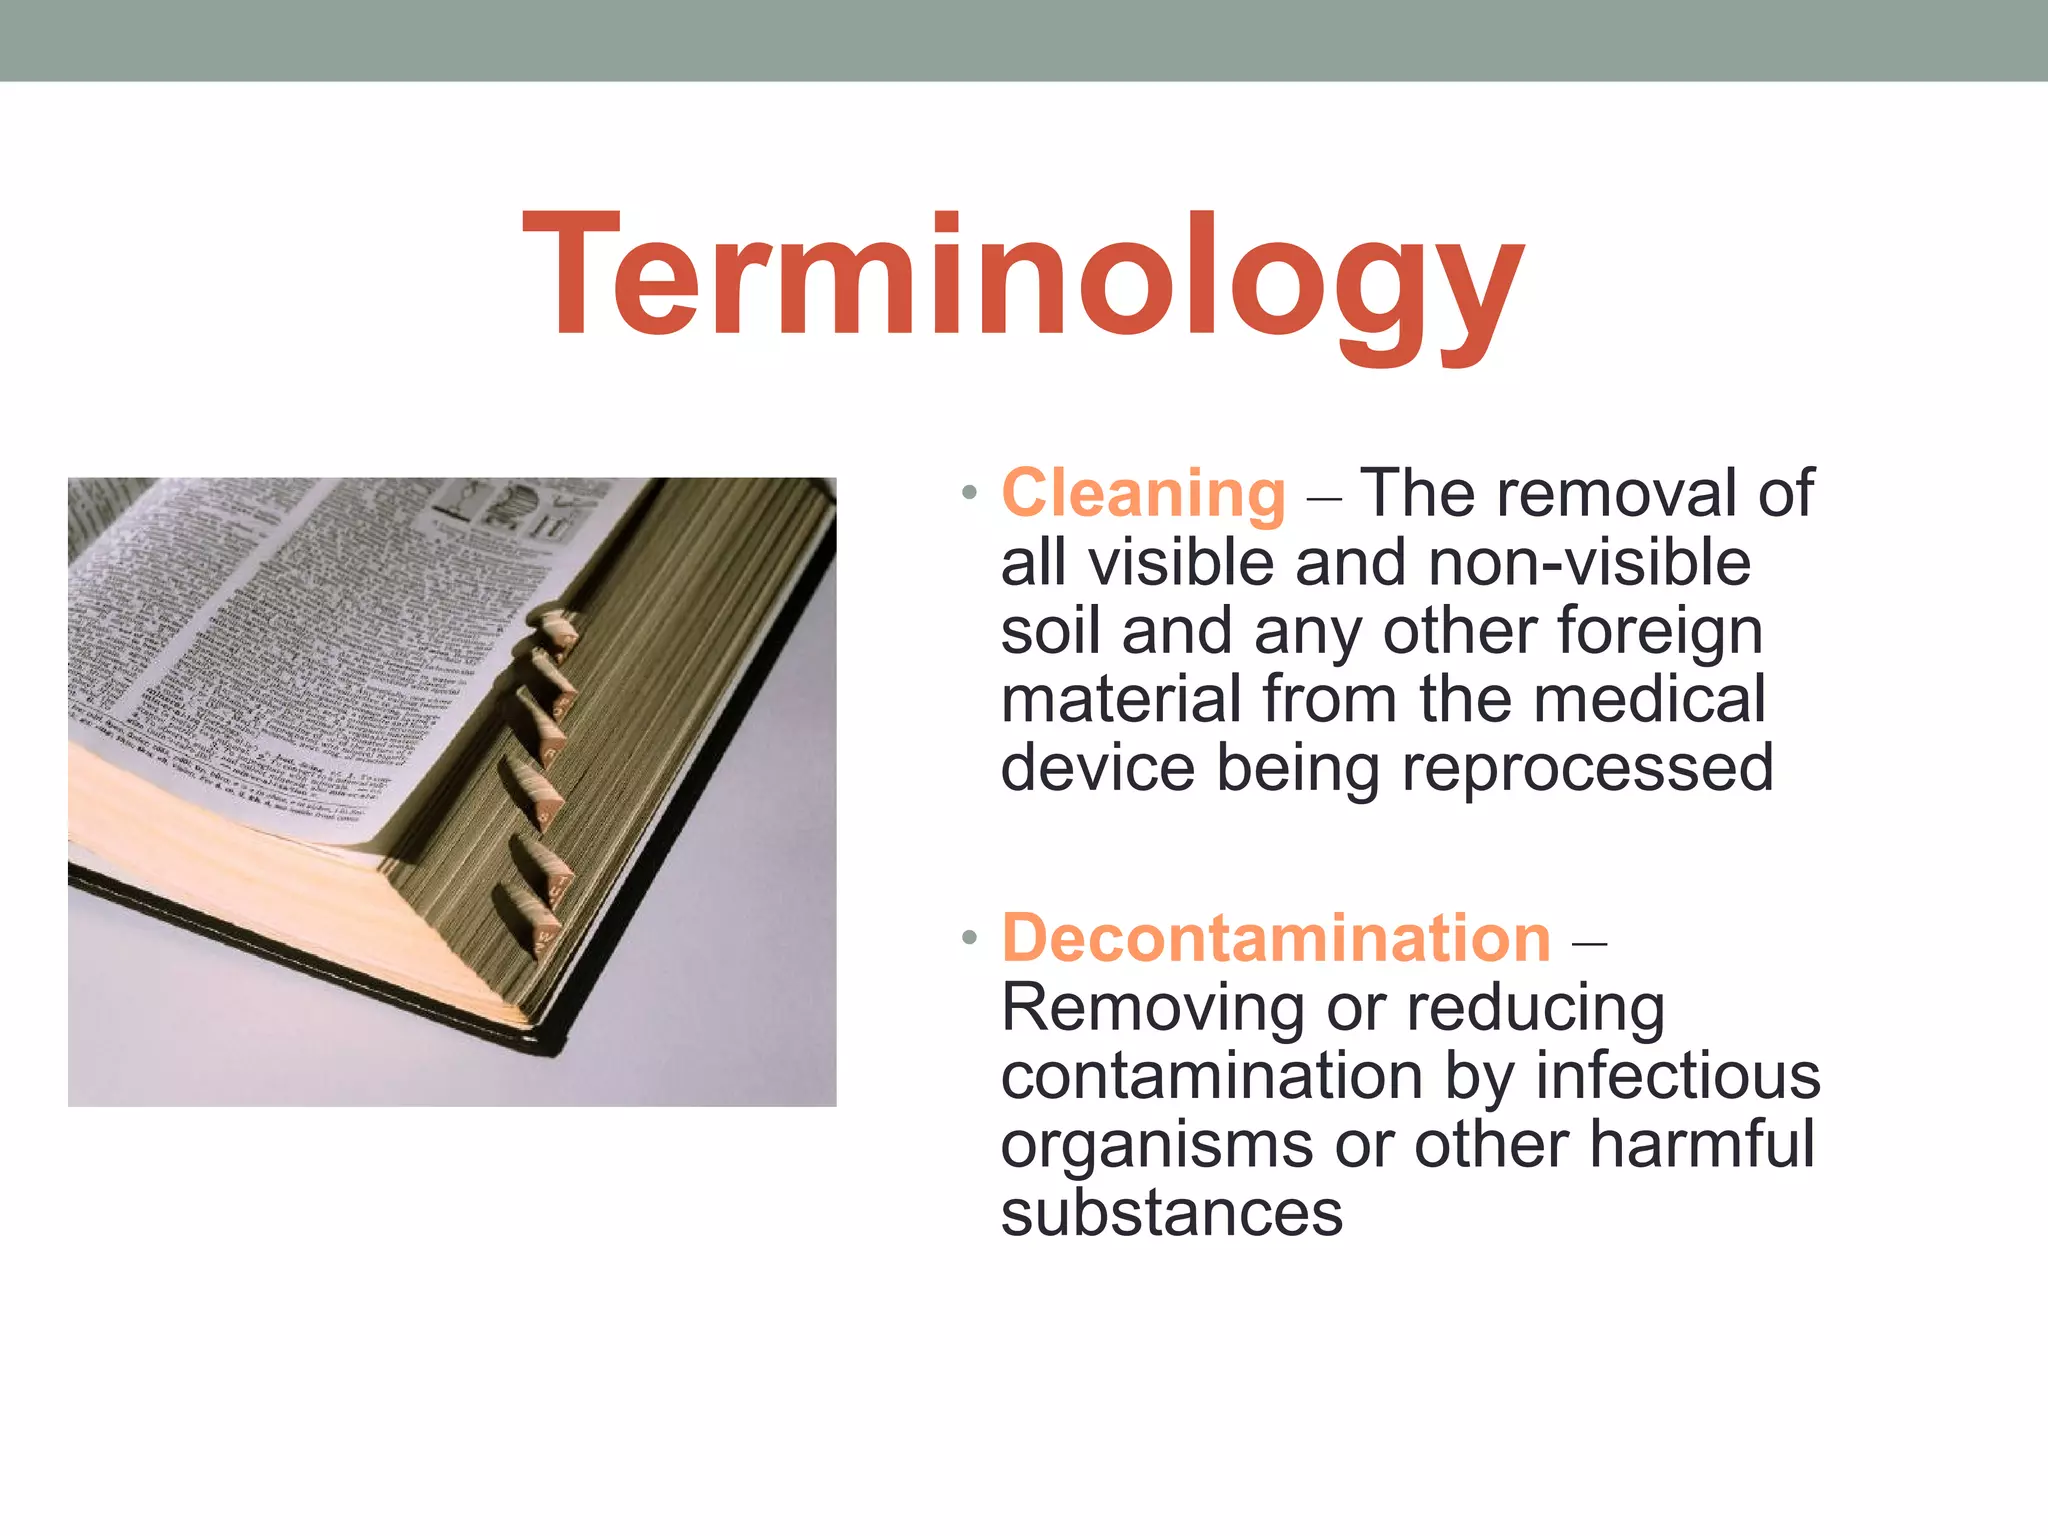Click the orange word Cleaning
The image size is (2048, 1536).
coord(1143,493)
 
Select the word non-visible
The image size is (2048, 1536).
coord(1589,562)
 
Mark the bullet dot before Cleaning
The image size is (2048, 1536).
coord(967,494)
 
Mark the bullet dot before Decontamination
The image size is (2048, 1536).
coord(967,939)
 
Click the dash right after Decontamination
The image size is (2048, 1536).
coord(1589,941)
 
